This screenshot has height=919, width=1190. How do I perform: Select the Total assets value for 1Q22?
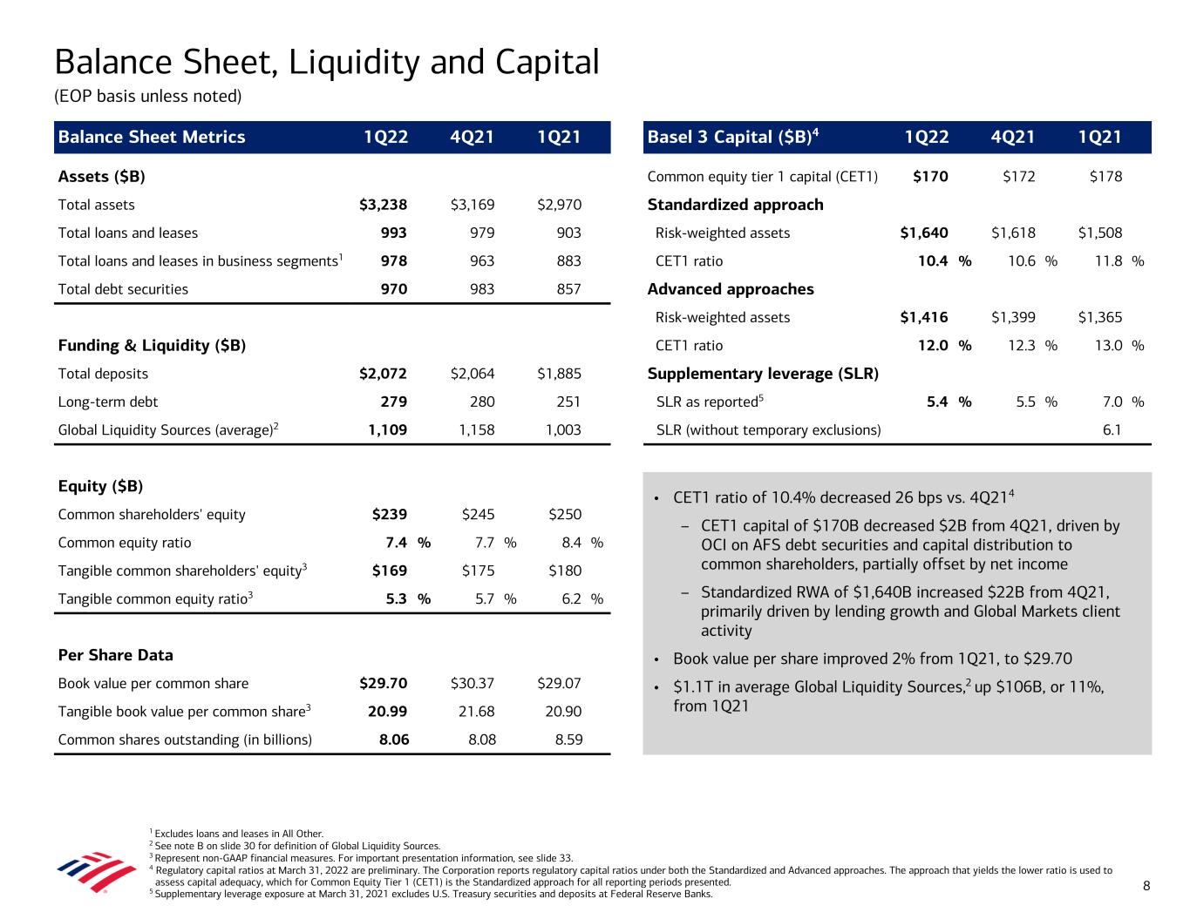coord(383,206)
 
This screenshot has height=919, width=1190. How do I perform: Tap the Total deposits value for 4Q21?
coord(473,374)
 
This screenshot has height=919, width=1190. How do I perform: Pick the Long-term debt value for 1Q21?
coord(559,402)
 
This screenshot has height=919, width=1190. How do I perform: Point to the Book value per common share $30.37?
coord(473,684)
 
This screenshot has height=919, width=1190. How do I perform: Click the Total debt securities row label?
coord(123,289)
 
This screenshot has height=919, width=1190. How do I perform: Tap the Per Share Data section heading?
coord(115,655)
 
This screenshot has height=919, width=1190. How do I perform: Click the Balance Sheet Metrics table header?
coord(152,137)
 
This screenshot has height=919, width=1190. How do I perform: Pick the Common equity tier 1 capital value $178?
coord(1105,177)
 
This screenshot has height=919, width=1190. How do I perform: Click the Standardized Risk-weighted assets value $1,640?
coord(924,233)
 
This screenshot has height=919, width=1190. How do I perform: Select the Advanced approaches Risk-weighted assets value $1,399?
coord(1013,318)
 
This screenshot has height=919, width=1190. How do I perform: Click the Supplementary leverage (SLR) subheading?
coord(763,374)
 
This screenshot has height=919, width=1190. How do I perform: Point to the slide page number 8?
coord(1146,887)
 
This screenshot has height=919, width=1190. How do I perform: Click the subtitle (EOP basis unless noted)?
coord(147,96)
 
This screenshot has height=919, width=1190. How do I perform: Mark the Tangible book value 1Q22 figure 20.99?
coord(387,712)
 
